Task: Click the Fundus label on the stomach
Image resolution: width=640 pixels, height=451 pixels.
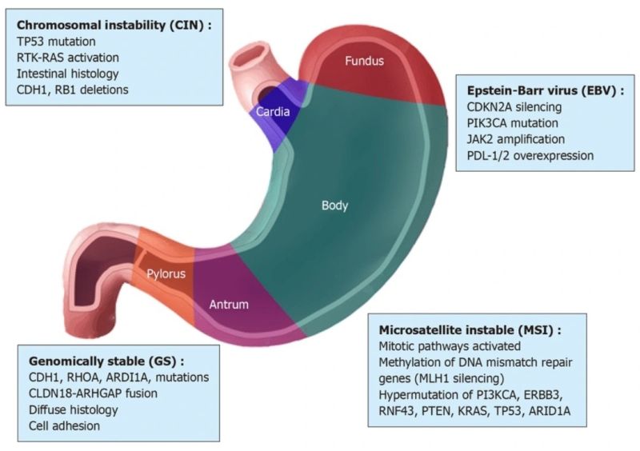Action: [364, 61]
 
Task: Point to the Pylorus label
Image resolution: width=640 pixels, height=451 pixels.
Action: [166, 274]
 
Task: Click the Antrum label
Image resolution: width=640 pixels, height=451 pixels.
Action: [229, 305]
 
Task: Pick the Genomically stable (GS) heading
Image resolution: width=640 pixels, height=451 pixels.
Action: [106, 361]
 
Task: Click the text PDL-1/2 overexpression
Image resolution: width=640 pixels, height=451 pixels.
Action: [530, 155]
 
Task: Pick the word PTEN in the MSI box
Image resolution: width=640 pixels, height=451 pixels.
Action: [450, 411]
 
